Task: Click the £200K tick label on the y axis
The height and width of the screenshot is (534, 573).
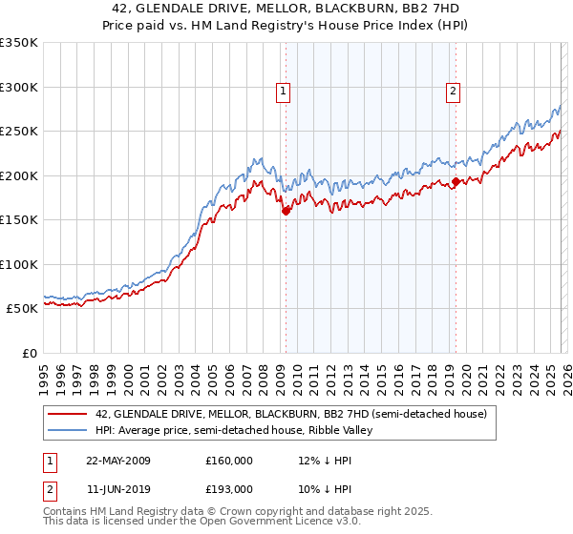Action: tap(19, 175)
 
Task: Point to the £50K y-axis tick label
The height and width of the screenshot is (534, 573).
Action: tap(22, 309)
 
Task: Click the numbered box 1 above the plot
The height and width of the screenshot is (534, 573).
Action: tap(285, 92)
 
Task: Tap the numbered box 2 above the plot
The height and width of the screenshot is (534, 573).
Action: tap(453, 92)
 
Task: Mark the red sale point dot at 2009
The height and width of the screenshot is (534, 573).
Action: tap(286, 212)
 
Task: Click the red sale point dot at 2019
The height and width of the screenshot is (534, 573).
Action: tap(456, 182)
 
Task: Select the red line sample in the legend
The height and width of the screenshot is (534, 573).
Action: tap(67, 415)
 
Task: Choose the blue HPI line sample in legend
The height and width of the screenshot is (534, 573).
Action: tap(67, 430)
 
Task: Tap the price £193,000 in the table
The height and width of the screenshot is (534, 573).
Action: tap(229, 489)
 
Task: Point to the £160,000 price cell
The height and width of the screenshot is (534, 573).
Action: tap(229, 461)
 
